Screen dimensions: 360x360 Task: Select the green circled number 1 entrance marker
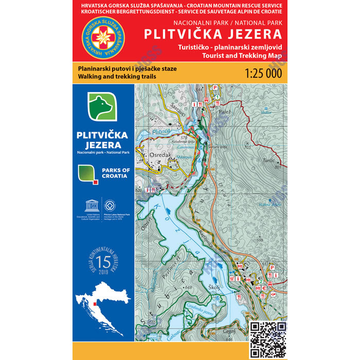pos(217,97)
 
